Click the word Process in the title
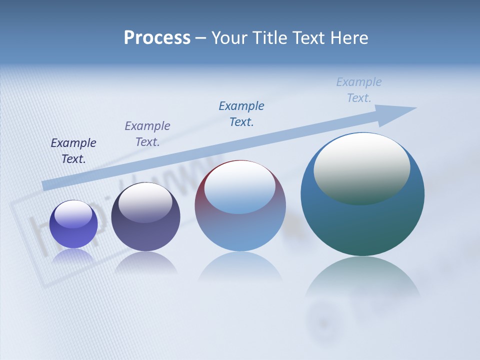click(x=157, y=38)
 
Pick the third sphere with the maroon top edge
click(x=240, y=230)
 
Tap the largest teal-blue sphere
click(x=362, y=225)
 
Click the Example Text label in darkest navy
click(x=73, y=151)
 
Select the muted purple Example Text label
click(x=147, y=134)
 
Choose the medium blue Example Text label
click(x=241, y=113)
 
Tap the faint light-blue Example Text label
click(x=359, y=90)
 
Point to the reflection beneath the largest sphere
click(x=362, y=280)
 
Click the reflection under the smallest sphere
click(x=73, y=255)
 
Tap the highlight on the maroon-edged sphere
click(x=240, y=188)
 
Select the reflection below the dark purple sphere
click(x=145, y=262)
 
